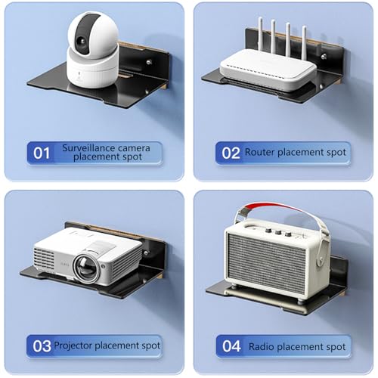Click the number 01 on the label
tap(42, 153)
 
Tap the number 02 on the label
tap(231, 153)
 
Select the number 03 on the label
tap(42, 346)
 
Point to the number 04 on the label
tap(231, 346)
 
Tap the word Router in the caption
tap(259, 152)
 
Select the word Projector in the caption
tap(73, 345)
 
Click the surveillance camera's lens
tap(82, 40)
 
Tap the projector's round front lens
tap(85, 268)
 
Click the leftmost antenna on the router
tap(260, 35)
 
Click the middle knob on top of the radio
tap(278, 232)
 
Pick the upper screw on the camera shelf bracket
tap(149, 61)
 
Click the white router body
tap(268, 70)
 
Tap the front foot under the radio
tap(300, 301)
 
